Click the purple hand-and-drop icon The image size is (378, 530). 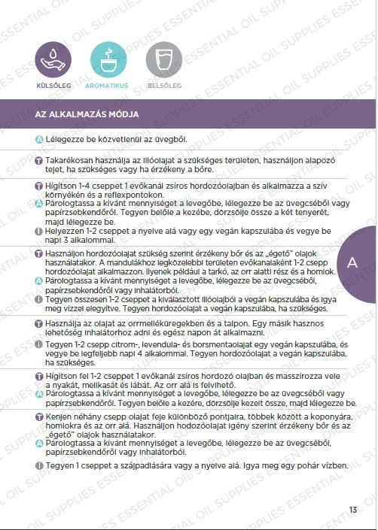[x=53, y=59]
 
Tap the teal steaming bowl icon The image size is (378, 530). [x=108, y=59]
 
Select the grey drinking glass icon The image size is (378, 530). [x=162, y=59]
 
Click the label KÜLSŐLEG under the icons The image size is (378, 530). [x=53, y=86]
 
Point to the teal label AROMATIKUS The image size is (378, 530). [x=108, y=86]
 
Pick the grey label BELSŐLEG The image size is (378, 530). [x=162, y=86]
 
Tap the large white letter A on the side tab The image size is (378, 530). [x=352, y=262]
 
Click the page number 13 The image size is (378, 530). [x=352, y=510]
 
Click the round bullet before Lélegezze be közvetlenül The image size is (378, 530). [x=38, y=140]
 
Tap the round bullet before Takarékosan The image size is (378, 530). [x=38, y=161]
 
